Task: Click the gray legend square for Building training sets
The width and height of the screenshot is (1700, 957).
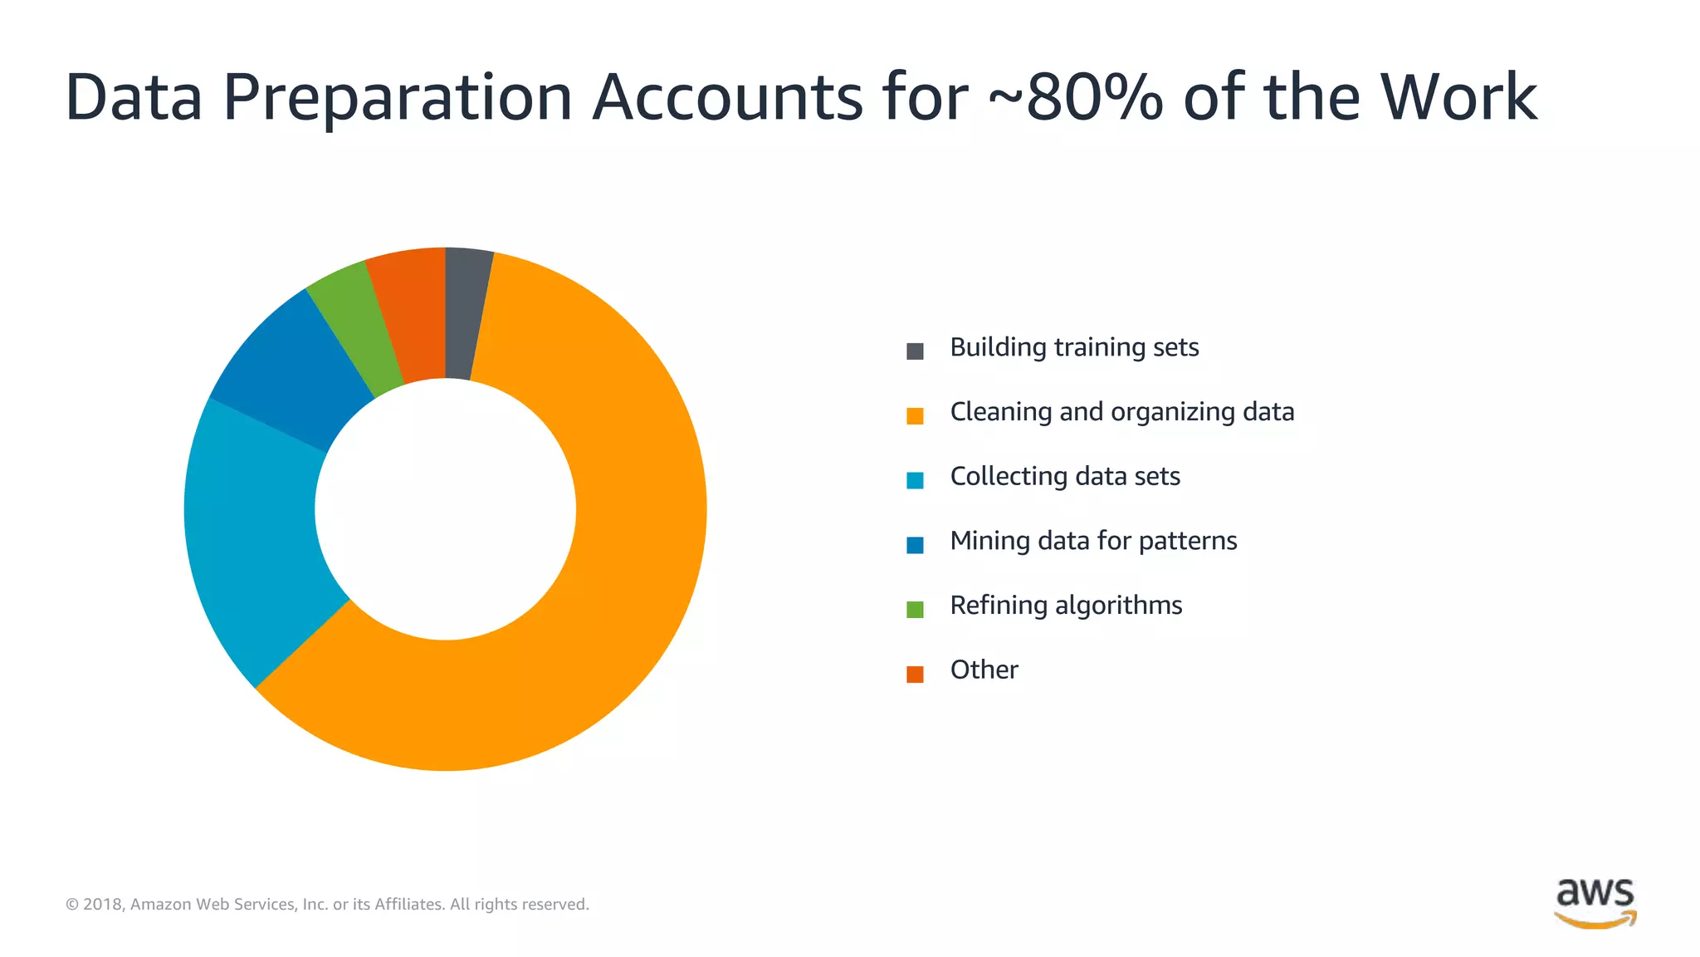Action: [x=915, y=351]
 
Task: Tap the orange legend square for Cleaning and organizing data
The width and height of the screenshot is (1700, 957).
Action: [x=915, y=415]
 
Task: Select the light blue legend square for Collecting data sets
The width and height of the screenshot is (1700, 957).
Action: [x=915, y=480]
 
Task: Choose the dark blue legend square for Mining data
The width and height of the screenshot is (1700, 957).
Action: [x=915, y=545]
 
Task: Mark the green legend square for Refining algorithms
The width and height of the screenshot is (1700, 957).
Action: [x=915, y=609]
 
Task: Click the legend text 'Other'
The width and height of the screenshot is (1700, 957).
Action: [x=984, y=670]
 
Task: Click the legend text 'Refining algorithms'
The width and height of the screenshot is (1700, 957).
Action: [x=1066, y=606]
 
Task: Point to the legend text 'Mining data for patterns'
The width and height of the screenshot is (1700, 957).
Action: [x=1093, y=541]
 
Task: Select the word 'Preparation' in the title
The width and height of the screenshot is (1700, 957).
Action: [x=398, y=99]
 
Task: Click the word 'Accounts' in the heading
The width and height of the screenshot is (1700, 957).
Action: [x=727, y=97]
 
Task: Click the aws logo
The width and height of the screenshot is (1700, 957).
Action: [x=1595, y=902]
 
